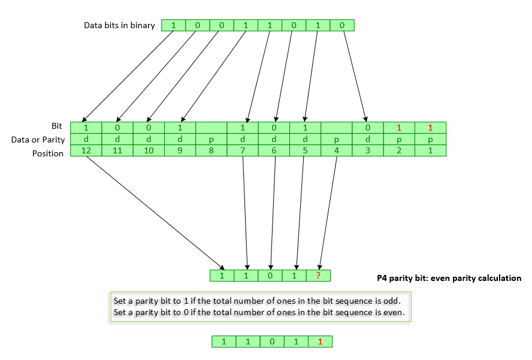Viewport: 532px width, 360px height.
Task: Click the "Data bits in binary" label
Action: tap(119, 25)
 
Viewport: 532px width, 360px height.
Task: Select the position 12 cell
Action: tap(86, 151)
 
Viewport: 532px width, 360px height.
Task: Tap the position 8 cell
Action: tap(211, 151)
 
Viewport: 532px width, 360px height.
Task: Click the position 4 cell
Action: tap(336, 151)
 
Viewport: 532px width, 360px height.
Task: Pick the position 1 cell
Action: tap(430, 151)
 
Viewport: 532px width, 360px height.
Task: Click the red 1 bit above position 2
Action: tap(399, 128)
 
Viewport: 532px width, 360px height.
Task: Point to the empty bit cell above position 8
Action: tap(211, 128)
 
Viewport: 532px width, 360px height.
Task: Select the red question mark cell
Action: tap(318, 276)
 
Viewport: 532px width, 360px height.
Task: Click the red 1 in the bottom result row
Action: tap(320, 341)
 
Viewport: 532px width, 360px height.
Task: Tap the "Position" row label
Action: tap(48, 153)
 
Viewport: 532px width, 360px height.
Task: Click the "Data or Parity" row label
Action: tap(37, 140)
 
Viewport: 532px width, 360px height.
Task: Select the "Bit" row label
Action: tap(57, 126)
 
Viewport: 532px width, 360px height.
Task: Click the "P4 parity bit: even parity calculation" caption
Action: tap(449, 278)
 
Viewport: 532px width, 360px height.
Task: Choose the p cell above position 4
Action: tap(336, 140)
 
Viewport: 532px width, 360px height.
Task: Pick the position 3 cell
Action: tap(368, 151)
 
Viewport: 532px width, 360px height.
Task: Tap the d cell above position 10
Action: tap(149, 140)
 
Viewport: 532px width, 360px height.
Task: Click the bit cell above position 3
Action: tap(368, 128)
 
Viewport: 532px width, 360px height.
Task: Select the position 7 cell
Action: tap(243, 151)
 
